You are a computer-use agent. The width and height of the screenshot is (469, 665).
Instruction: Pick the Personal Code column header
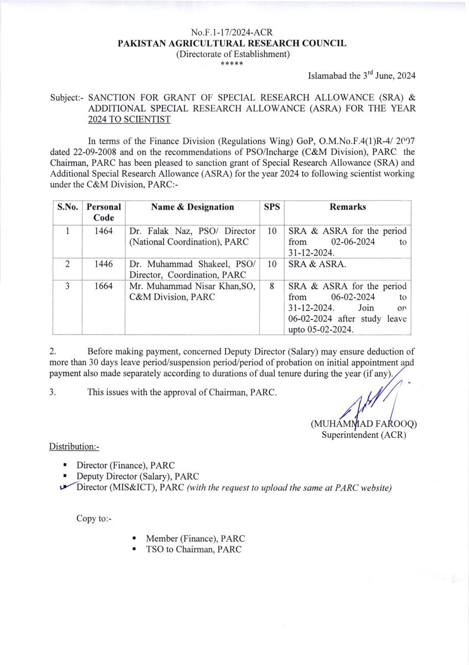coord(104,212)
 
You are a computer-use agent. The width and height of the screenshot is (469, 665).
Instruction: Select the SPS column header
coord(271,207)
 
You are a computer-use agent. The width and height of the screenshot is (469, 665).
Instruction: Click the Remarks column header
coord(348,207)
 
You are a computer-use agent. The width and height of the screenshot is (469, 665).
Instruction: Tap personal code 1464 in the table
coord(104,231)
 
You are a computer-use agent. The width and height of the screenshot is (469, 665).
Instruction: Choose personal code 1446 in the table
coord(104,264)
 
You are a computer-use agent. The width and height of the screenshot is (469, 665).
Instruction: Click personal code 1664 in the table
coord(104,287)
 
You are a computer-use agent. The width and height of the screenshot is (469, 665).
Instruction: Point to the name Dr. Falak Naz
coord(157,231)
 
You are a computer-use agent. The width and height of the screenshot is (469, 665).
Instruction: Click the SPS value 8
coord(271,287)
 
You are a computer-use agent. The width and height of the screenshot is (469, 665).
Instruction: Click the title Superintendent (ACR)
coord(364,435)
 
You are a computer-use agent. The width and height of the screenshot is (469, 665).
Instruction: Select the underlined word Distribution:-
coord(74,447)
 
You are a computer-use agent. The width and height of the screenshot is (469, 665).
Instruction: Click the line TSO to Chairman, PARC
coord(194,549)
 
